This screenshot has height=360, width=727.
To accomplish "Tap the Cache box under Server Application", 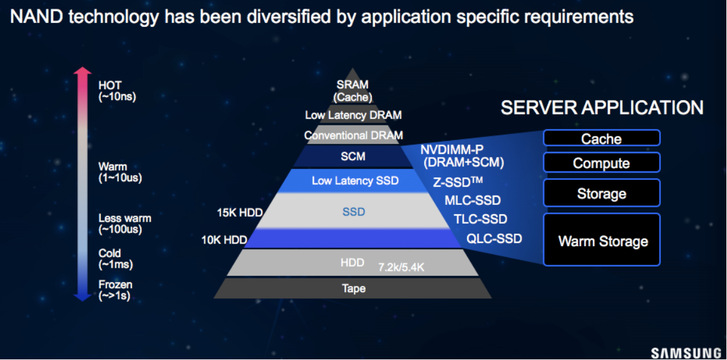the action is coord(601,138).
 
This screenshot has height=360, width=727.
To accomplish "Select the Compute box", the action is coord(601,163).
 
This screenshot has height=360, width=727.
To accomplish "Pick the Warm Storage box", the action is coord(601,240).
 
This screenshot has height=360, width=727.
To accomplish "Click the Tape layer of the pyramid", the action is coord(353,288).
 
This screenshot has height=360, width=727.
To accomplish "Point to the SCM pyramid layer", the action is coord(353,156).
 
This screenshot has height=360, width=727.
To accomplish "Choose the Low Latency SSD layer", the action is coord(354,181).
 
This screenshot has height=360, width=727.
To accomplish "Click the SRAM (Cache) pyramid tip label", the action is coord(353,92).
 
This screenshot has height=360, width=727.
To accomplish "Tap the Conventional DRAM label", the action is coord(353,136).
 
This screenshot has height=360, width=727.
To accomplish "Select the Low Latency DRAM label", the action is coord(353,115).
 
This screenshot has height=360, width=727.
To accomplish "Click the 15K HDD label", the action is coord(240,212).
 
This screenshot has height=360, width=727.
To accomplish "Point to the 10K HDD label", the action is coord(224,240).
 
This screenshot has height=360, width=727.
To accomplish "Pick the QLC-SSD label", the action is coord(494,239).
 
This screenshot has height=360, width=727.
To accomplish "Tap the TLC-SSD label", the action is coord(480,219).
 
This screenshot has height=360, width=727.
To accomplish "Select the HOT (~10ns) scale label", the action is coord(117,92).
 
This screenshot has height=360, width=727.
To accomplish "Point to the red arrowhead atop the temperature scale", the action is coord(82,71).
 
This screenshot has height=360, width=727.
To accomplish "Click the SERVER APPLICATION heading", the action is coord(602,108).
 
